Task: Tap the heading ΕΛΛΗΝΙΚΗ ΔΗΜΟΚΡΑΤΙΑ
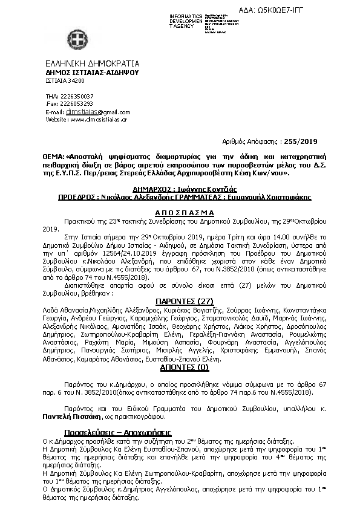point(92,63)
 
